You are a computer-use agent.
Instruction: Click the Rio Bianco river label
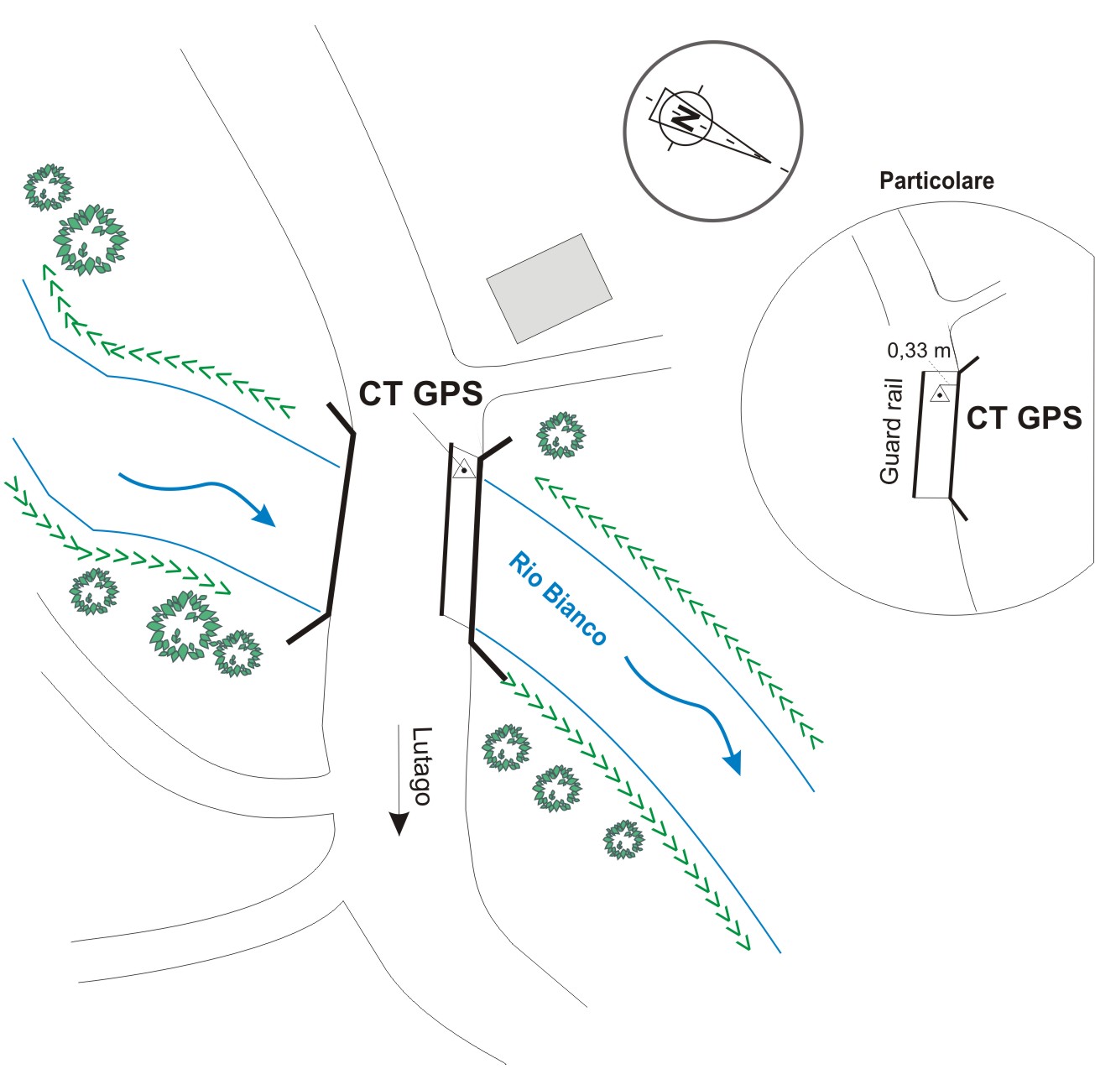[557, 599]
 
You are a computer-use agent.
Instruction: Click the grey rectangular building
[550, 288]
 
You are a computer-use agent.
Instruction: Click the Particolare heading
[936, 180]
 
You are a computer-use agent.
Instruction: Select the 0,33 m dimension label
[918, 351]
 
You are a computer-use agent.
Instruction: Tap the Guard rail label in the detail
[891, 431]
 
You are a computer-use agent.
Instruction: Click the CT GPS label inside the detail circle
[1024, 418]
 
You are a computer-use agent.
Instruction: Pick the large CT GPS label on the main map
[420, 394]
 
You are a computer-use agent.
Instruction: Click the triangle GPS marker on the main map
[463, 470]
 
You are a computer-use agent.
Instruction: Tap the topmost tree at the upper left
[48, 186]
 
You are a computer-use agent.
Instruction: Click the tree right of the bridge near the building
[561, 435]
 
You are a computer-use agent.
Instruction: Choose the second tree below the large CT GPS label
[556, 788]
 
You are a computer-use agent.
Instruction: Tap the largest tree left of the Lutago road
[183, 626]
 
